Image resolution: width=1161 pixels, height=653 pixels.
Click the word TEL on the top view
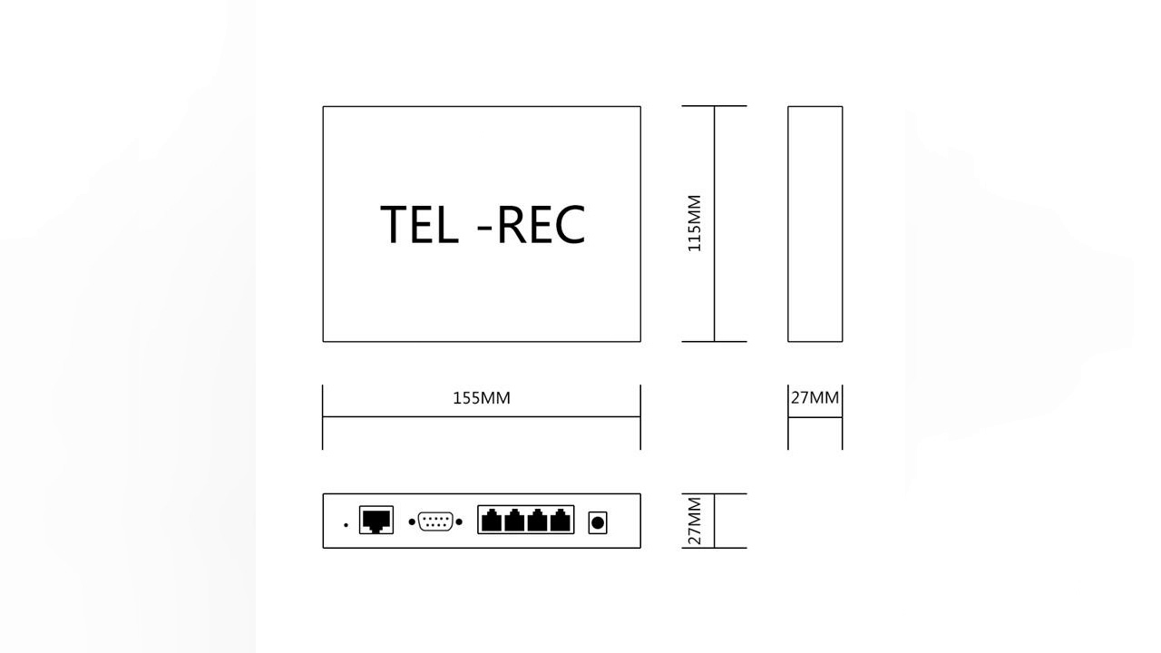[418, 225]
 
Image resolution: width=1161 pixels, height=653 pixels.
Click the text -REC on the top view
[532, 225]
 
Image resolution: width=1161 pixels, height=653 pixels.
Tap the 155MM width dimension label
[482, 398]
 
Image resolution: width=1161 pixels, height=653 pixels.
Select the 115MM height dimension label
[695, 223]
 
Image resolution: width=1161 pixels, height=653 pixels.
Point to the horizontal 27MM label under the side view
[815, 397]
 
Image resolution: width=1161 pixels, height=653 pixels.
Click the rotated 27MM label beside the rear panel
[695, 521]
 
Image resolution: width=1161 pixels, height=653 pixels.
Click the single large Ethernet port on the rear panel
[376, 521]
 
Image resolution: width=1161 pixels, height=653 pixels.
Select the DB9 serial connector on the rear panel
[436, 521]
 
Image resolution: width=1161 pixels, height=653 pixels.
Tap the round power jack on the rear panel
[597, 522]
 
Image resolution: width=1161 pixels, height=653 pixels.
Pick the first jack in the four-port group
[492, 521]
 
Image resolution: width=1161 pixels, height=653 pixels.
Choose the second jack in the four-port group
[515, 521]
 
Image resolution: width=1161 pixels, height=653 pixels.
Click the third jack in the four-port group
[538, 521]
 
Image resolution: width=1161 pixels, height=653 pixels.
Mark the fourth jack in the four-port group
[561, 521]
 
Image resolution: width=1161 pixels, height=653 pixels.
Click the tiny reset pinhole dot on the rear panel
[346, 525]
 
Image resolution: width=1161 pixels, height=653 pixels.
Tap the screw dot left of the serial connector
[412, 522]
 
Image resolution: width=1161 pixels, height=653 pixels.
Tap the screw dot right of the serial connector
[459, 522]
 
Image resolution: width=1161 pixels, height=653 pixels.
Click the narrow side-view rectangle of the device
[815, 224]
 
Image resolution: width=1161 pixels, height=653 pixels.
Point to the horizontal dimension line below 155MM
[482, 417]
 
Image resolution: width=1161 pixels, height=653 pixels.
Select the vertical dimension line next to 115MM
[715, 272]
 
